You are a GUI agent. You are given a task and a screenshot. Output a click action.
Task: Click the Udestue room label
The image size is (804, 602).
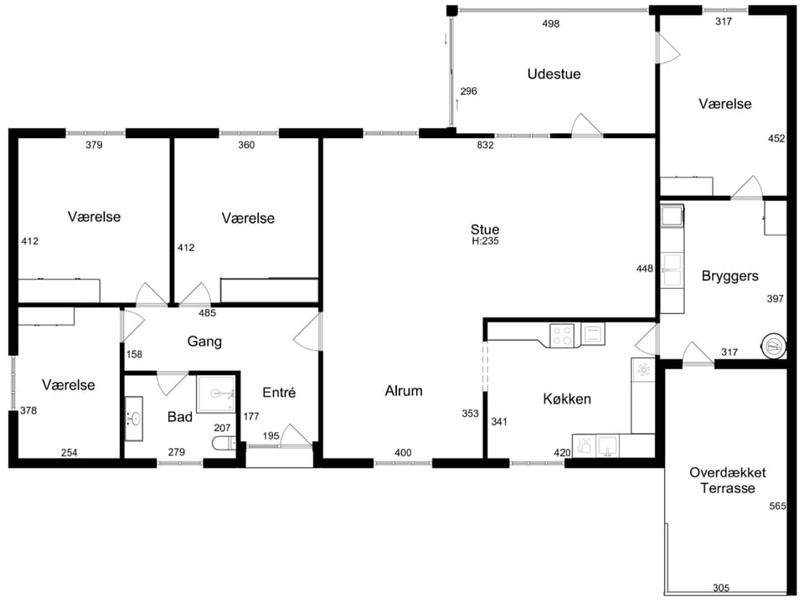[554, 74]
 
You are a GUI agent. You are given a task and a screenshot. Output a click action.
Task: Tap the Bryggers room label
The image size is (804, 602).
[729, 276]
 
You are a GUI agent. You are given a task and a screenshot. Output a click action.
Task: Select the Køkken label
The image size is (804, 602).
[567, 399]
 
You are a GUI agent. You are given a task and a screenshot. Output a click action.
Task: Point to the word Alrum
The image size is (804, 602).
[404, 391]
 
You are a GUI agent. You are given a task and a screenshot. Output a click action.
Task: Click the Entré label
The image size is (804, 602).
[279, 393]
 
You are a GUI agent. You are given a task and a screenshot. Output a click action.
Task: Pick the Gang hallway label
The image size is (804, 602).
[204, 342]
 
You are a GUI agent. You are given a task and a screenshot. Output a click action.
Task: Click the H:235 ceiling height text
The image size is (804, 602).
[485, 241]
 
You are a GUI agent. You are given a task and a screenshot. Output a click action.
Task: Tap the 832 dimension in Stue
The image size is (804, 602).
[485, 145]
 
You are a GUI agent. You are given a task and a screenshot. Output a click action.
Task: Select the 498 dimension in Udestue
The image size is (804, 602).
[551, 23]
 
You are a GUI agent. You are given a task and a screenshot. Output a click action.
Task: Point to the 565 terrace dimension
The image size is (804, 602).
[777, 506]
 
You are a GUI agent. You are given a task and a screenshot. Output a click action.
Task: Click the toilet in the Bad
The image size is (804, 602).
[224, 444]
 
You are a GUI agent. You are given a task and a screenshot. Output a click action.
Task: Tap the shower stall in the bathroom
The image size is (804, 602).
[216, 394]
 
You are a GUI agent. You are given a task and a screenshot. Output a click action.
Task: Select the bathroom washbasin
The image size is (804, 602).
[134, 419]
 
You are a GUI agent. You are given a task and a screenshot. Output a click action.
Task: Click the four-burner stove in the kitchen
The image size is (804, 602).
[562, 336]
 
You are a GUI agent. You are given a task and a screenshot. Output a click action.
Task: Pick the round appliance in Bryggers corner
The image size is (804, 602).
[774, 346]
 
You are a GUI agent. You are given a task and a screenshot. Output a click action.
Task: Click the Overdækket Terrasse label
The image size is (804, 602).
[728, 481]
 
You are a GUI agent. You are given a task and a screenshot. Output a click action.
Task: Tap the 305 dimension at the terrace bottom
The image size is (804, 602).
[721, 588]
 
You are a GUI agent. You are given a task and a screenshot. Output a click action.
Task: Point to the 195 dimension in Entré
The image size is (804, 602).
[271, 436]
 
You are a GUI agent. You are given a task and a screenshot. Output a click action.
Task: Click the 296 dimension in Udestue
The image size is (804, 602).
[469, 91]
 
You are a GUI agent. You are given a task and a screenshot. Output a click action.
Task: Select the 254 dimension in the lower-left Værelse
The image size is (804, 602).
[70, 452]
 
